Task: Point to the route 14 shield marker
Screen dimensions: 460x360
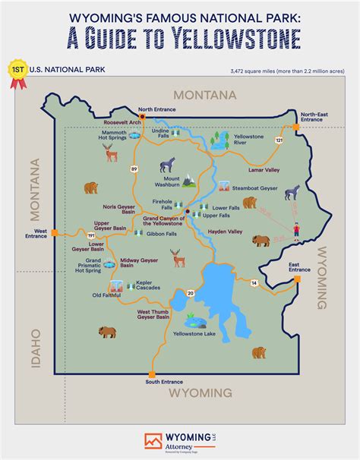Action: (x=254, y=283)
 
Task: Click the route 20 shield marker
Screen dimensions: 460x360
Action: (x=191, y=292)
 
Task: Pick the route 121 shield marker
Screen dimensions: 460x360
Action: (x=279, y=140)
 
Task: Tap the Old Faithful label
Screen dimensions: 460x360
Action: (x=107, y=295)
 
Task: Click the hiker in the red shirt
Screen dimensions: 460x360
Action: (x=295, y=229)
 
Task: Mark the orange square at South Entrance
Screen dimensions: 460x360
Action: (x=152, y=374)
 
